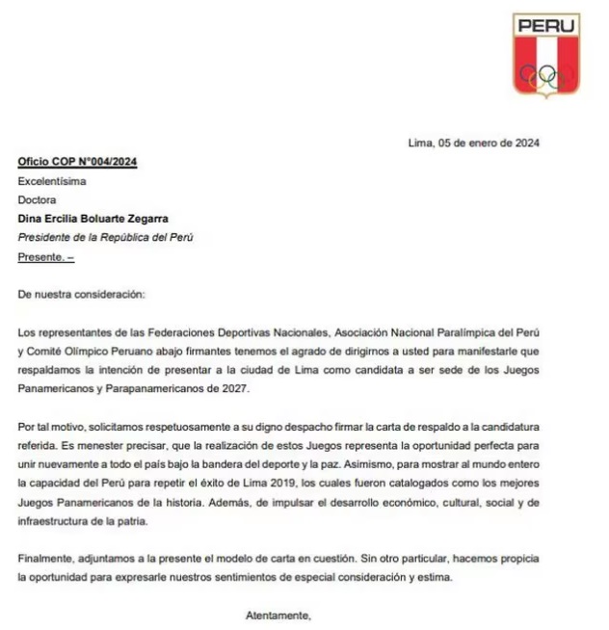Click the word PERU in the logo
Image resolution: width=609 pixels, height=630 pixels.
point(545,26)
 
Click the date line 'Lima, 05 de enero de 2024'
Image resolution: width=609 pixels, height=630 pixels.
point(474,144)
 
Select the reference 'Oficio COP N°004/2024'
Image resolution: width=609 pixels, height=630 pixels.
point(77,162)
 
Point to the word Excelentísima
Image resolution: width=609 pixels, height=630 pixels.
point(54,181)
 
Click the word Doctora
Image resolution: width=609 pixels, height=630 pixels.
point(38,199)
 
